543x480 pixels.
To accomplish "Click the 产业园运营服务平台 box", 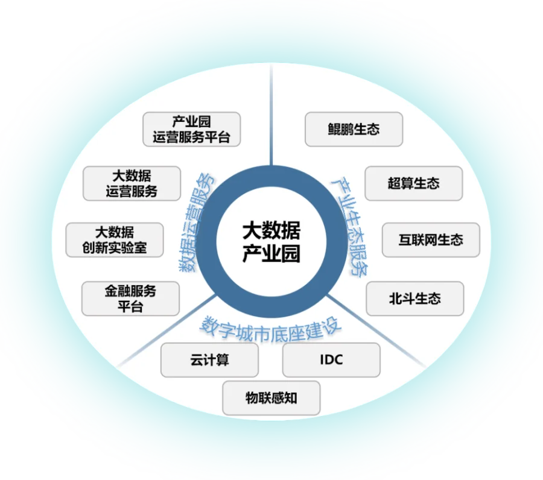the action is click(191, 129).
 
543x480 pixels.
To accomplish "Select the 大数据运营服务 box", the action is click(132, 183).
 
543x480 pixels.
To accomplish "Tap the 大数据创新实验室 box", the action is click(114, 239).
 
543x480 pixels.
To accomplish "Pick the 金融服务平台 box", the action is click(130, 298).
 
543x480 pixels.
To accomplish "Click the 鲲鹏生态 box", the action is click(354, 129).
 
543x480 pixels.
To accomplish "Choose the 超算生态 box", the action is click(413, 183).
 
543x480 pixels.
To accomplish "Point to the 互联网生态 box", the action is click(431, 239).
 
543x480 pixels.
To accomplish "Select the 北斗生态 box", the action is click(414, 298).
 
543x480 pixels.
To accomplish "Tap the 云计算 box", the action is click(209, 360).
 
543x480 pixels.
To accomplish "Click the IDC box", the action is click(331, 360).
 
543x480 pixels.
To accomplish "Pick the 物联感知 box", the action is click(271, 398).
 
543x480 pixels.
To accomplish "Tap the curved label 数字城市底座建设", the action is click(271, 327).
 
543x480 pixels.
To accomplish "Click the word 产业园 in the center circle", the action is click(271, 254).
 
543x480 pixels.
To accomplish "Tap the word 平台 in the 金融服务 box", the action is click(130, 306).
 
